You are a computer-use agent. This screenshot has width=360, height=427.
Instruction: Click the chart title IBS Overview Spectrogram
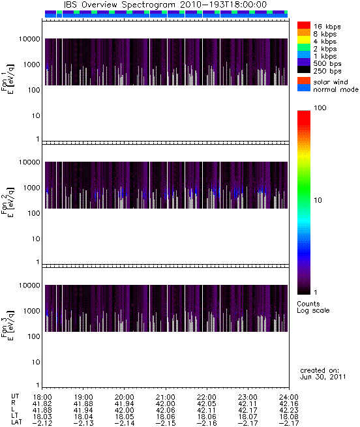[119, 5]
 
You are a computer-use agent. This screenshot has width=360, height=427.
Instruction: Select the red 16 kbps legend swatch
[304, 25]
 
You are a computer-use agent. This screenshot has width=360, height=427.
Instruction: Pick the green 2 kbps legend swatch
[304, 48]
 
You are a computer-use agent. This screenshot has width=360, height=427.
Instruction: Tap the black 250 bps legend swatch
[304, 70]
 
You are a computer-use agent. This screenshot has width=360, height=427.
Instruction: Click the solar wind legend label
[331, 82]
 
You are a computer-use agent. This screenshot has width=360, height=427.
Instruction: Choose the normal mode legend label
[336, 89]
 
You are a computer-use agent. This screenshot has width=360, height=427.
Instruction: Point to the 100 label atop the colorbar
[320, 108]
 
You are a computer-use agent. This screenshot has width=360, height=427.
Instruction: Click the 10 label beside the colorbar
[318, 200]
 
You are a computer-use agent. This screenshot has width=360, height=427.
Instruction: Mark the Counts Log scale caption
[313, 307]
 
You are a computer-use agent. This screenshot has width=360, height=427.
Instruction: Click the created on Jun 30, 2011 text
[323, 374]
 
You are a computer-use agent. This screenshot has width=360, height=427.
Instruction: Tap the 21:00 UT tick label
[166, 397]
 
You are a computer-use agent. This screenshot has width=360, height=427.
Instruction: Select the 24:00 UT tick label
[289, 397]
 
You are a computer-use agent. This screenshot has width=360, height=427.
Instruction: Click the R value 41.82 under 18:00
[42, 404]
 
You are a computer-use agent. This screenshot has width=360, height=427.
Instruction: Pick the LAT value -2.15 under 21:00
[166, 424]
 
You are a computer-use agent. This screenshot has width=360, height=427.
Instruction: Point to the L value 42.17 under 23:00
[248, 410]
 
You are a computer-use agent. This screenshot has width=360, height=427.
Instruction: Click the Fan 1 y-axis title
[7, 80]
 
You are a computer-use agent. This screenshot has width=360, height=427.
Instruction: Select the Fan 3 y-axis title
[7, 326]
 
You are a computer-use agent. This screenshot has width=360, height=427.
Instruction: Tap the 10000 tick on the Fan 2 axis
[29, 162]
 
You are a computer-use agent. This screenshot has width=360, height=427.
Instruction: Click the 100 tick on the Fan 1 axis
[34, 90]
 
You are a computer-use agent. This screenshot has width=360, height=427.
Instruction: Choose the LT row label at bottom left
[15, 417]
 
